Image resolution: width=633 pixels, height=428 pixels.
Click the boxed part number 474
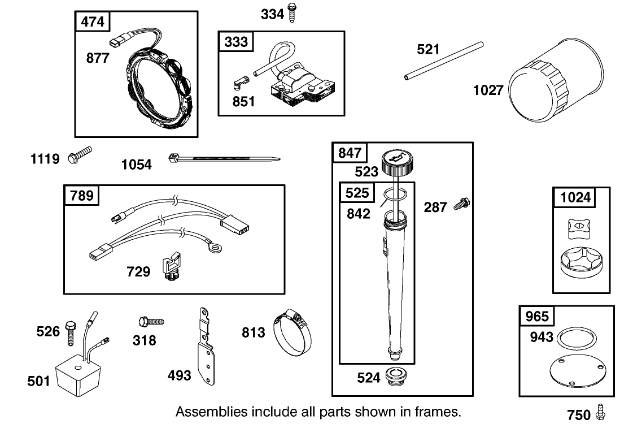point(93,23)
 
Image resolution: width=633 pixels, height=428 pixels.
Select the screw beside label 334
point(293,12)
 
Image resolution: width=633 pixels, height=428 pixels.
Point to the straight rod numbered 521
point(444,60)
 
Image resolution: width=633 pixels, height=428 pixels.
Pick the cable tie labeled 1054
point(223,159)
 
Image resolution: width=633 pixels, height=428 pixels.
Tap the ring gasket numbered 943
point(576,339)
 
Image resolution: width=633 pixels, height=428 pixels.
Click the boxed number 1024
point(575,197)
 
